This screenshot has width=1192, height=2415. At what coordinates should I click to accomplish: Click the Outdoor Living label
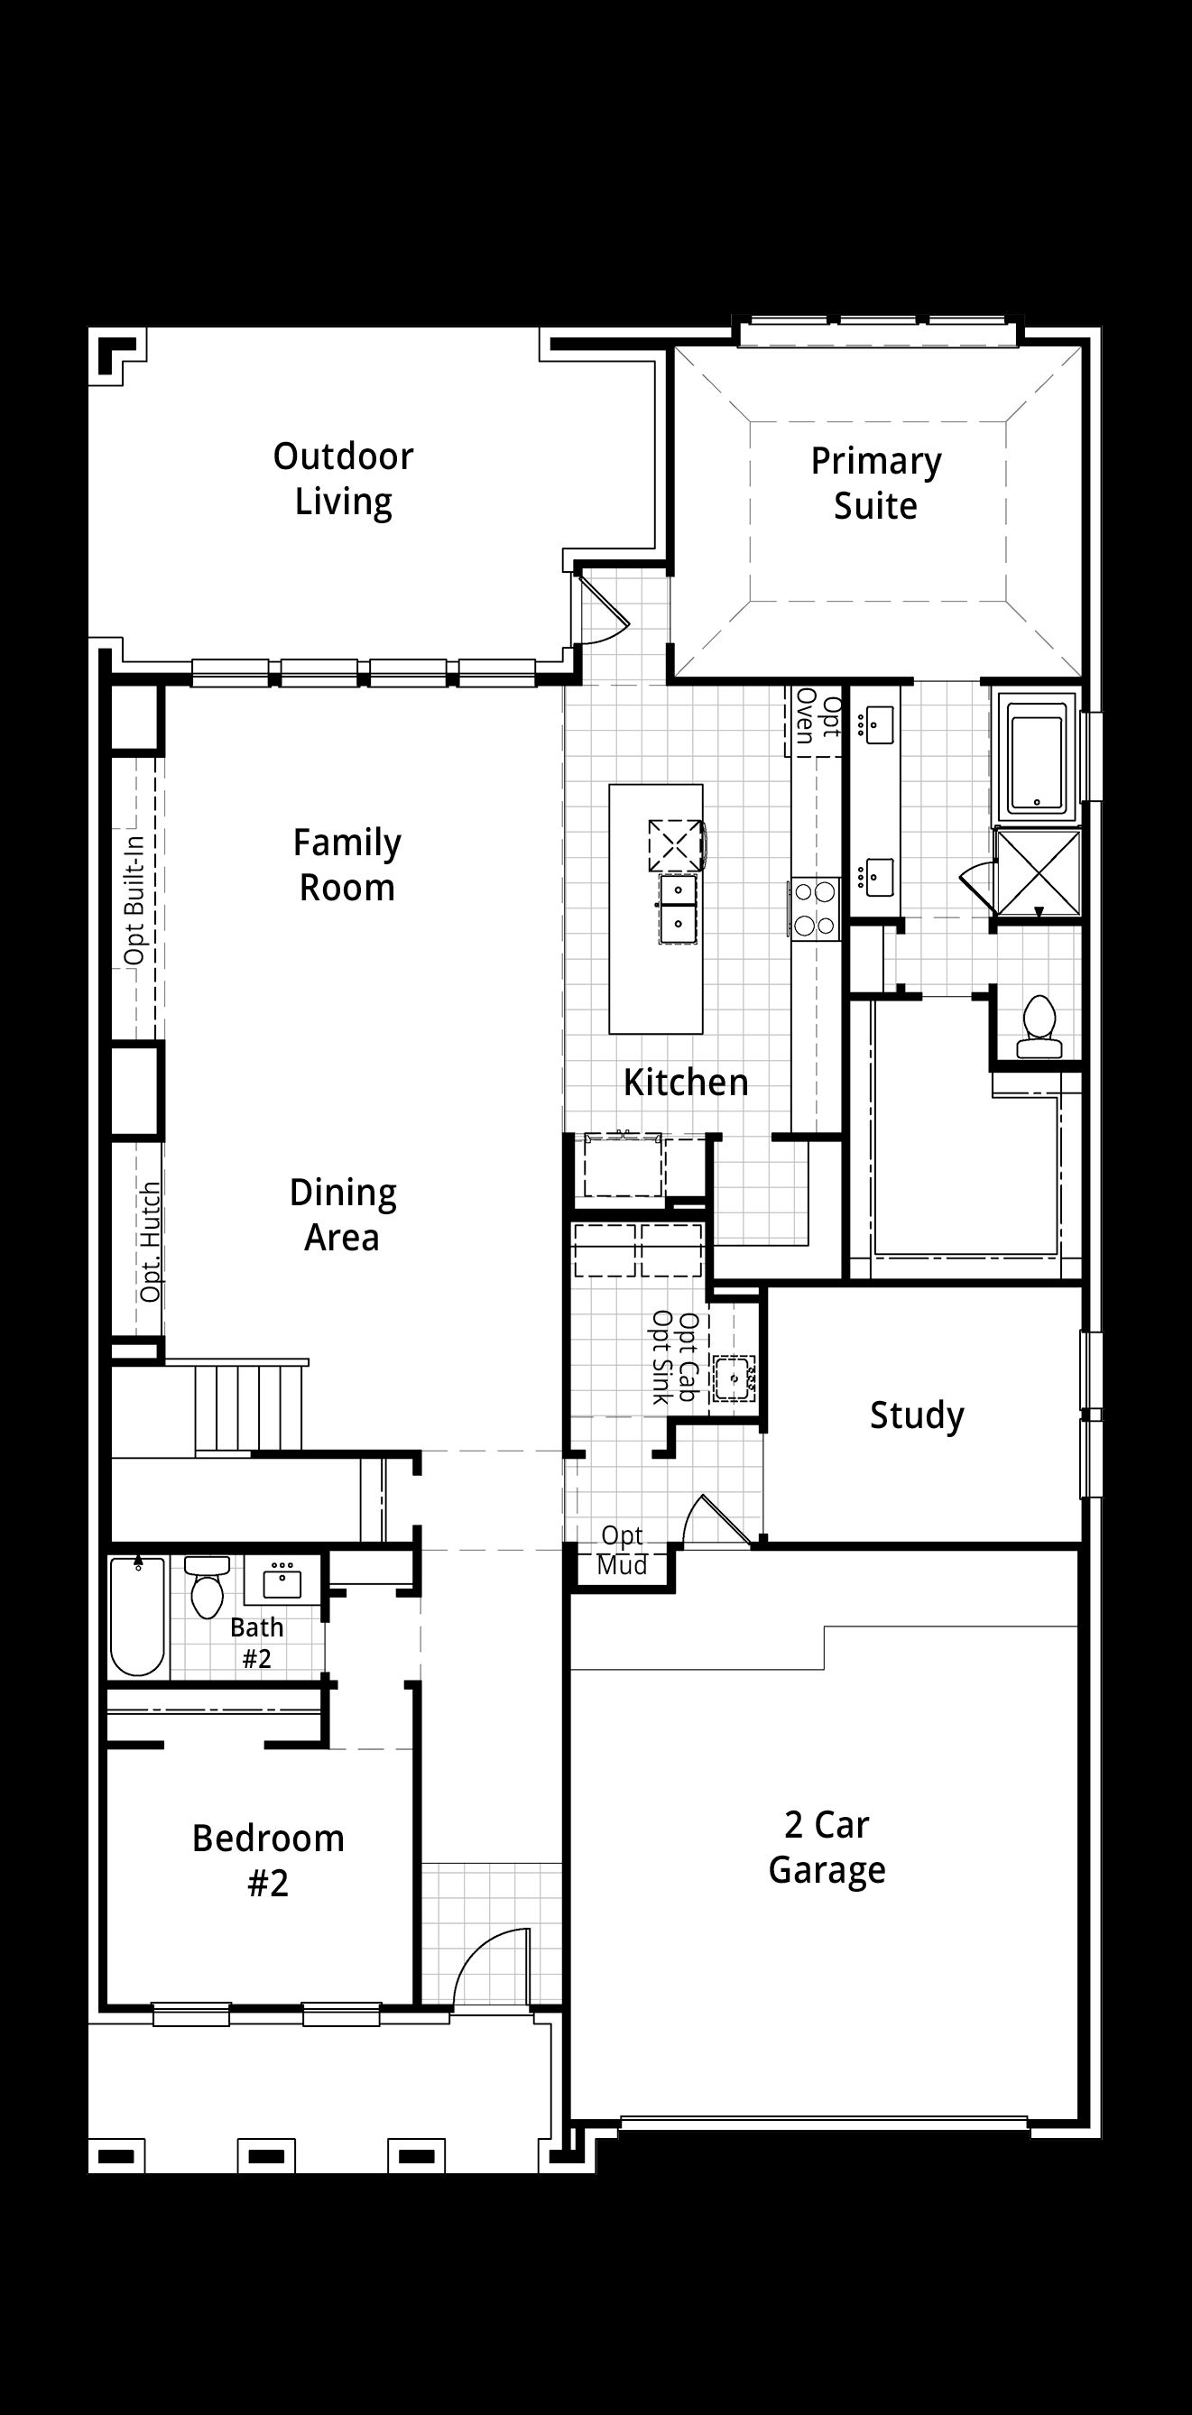pyautogui.click(x=343, y=479)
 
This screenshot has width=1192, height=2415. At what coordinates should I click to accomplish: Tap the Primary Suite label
pyautogui.click(x=876, y=484)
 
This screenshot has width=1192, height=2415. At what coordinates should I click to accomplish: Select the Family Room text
pyautogui.click(x=347, y=865)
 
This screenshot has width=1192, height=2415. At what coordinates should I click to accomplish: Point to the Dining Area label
pyautogui.click(x=342, y=1215)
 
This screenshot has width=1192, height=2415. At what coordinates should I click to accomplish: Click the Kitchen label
pyautogui.click(x=687, y=1083)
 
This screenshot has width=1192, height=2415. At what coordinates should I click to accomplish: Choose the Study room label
pyautogui.click(x=917, y=1415)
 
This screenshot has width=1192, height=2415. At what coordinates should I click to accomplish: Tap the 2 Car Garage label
pyautogui.click(x=827, y=1848)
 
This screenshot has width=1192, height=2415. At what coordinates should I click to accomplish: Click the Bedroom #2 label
pyautogui.click(x=268, y=1861)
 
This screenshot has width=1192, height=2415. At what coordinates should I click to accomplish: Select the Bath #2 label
pyautogui.click(x=257, y=1643)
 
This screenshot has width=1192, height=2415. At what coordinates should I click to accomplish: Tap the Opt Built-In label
pyautogui.click(x=134, y=901)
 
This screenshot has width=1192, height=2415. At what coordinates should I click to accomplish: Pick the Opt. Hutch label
pyautogui.click(x=150, y=1243)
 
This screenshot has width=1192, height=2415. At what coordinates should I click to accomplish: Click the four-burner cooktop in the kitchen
pyautogui.click(x=815, y=908)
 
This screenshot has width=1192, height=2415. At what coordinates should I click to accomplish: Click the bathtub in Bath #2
pyautogui.click(x=138, y=1617)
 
